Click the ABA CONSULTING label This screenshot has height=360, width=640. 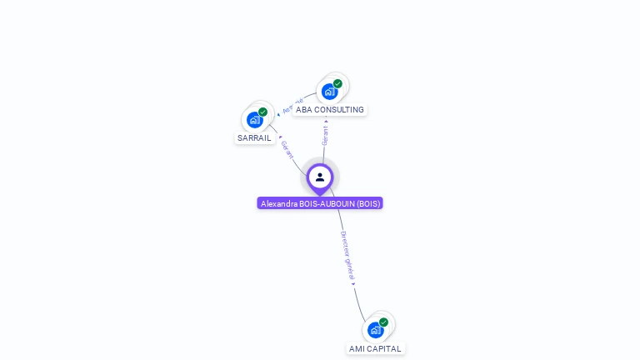(330, 110)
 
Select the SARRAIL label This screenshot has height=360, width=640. (254, 138)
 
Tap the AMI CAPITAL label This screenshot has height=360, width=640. (375, 349)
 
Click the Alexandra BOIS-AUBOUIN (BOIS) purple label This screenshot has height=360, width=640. (320, 203)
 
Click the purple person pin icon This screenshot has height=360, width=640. (320, 177)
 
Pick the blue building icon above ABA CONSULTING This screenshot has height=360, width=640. (329, 92)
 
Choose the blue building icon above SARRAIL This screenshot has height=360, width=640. (255, 120)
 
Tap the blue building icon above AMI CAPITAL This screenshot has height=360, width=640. (375, 330)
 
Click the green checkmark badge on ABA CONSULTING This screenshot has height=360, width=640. (337, 83)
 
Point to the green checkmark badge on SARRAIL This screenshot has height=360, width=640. (262, 112)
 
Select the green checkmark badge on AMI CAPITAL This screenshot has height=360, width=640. (383, 322)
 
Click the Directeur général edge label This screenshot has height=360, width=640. (347, 255)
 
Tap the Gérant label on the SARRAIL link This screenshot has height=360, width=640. (287, 150)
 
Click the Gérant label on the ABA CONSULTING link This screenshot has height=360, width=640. (325, 136)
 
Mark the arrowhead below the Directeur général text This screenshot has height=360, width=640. (353, 284)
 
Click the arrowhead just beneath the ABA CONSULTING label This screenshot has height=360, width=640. (326, 121)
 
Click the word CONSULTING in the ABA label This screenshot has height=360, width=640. (339, 110)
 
